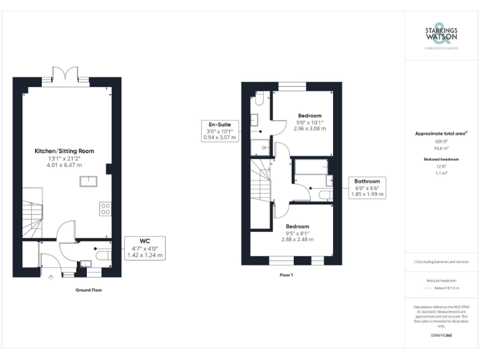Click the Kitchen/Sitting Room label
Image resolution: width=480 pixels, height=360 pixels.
(65, 151)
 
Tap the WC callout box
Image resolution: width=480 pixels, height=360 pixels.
(144, 247)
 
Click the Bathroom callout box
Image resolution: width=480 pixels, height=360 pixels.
(367, 187)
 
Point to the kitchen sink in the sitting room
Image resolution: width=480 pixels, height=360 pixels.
(87, 182)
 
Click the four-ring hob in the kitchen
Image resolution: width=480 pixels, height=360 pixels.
(105, 209)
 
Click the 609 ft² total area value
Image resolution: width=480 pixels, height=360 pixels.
(442, 142)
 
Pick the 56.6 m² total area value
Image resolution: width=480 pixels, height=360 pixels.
(442, 149)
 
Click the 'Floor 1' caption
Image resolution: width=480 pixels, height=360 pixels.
(287, 274)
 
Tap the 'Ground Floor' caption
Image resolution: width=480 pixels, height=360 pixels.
(88, 290)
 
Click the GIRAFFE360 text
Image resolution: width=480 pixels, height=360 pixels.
(442, 336)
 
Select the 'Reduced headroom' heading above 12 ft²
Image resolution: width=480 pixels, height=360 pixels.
(442, 159)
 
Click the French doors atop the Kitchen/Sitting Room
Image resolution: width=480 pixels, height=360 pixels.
(65, 73)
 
